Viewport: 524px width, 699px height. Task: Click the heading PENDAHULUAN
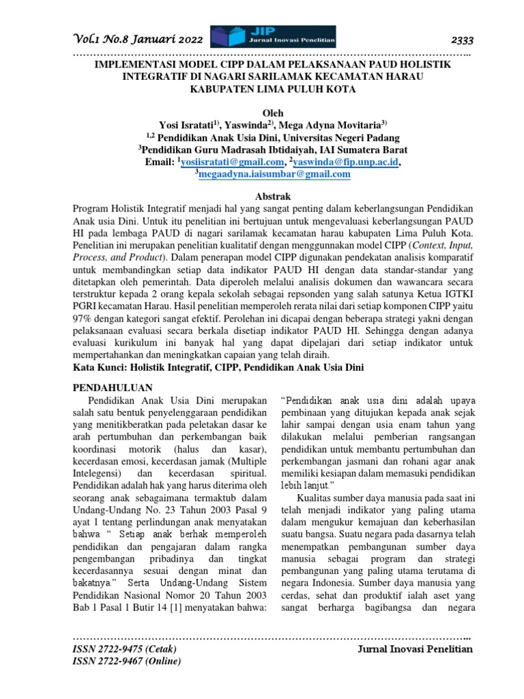pos(112,386)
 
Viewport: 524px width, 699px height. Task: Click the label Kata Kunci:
pos(100,367)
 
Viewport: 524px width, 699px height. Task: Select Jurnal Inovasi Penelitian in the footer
pos(415,649)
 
